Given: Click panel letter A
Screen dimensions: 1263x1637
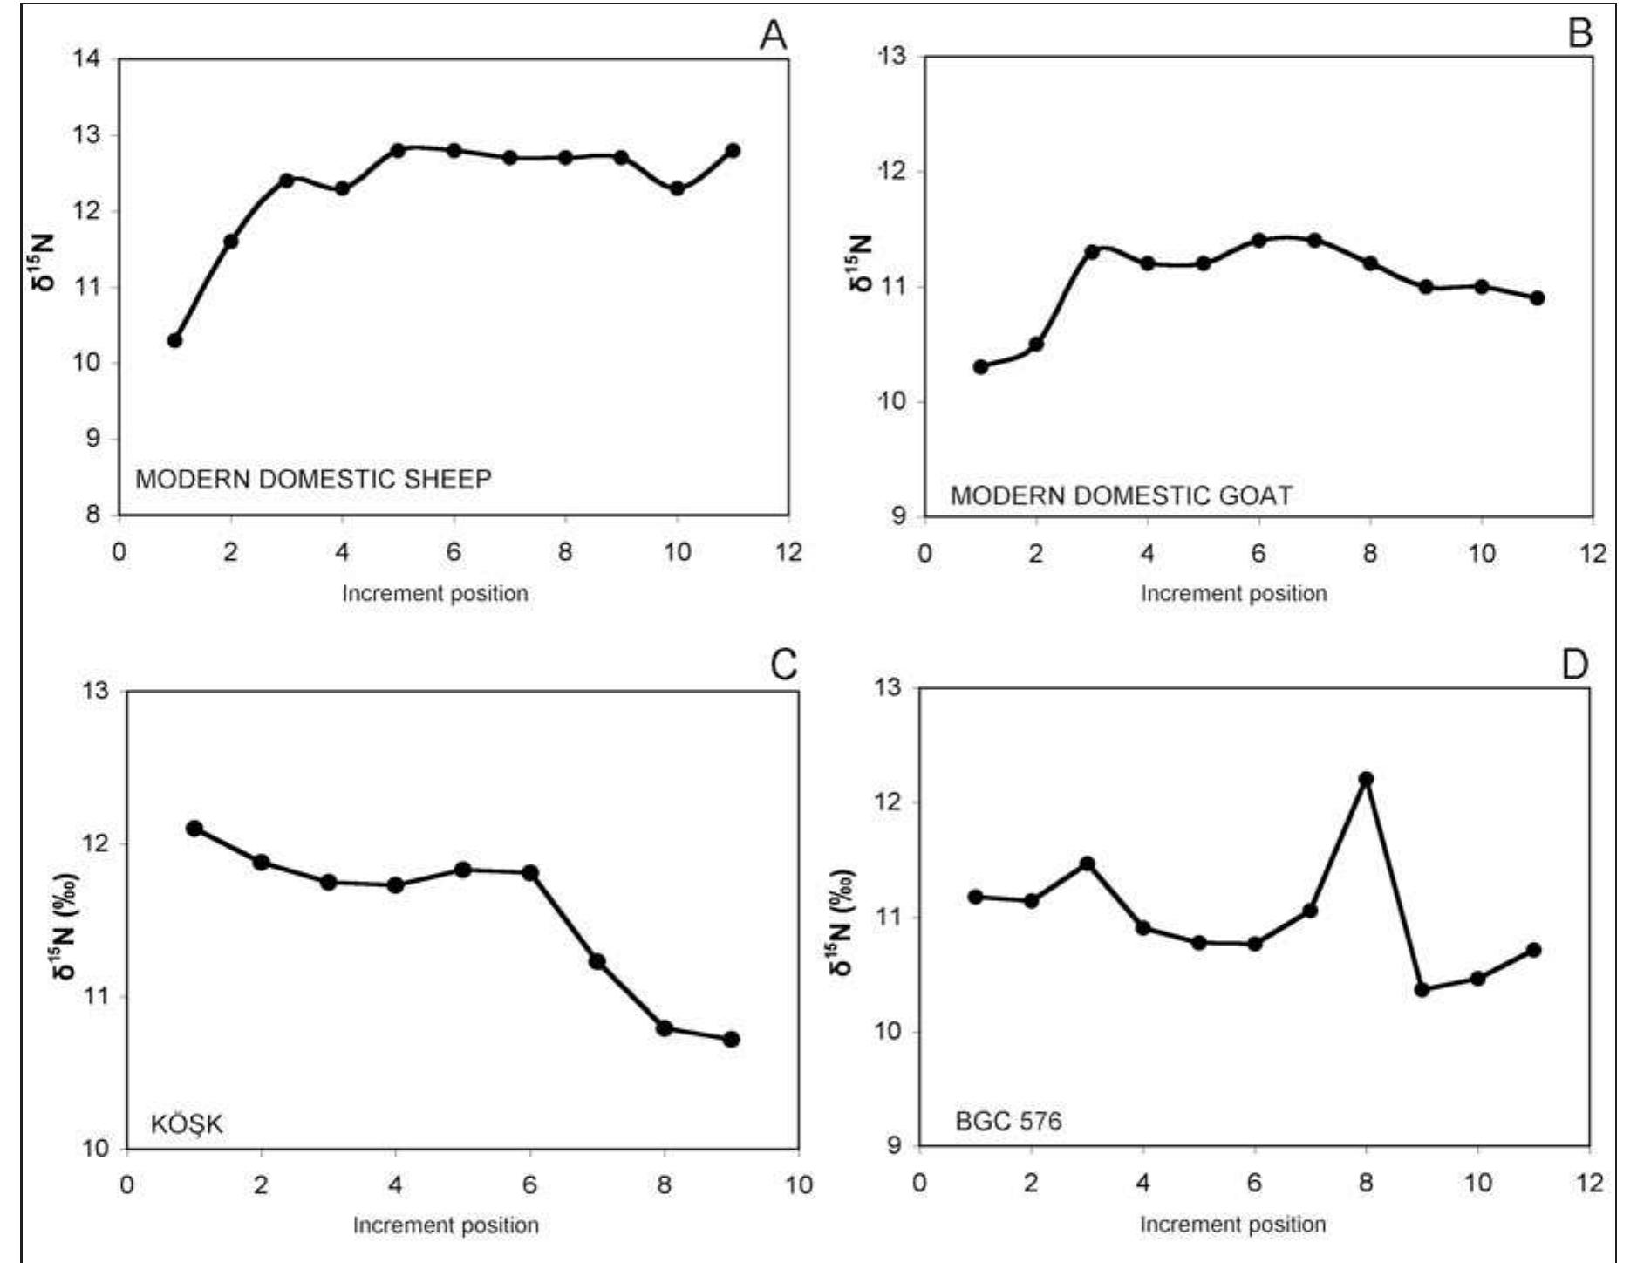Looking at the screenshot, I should pyautogui.click(x=773, y=35).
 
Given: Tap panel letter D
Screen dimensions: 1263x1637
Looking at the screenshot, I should pyautogui.click(x=1574, y=666).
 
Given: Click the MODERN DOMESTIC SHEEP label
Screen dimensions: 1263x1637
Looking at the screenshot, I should pyautogui.click(x=313, y=479).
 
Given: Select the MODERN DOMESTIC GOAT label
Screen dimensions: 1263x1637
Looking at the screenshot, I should pyautogui.click(x=1121, y=495).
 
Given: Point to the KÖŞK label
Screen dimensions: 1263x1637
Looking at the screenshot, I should pyautogui.click(x=187, y=1124).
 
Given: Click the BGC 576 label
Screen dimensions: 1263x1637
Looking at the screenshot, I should pyautogui.click(x=1008, y=1121).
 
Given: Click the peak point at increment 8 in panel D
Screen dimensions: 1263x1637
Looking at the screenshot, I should pyautogui.click(x=1366, y=779).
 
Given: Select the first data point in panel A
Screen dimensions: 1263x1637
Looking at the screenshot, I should pyautogui.click(x=174, y=340).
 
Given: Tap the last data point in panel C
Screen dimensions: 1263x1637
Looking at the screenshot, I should pyautogui.click(x=732, y=1039).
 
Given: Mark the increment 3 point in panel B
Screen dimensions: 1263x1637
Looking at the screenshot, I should pyautogui.click(x=1092, y=252).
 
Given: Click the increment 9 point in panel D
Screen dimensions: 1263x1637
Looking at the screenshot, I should pyautogui.click(x=1422, y=989).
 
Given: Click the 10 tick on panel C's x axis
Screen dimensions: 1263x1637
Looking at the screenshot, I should pyautogui.click(x=798, y=1184).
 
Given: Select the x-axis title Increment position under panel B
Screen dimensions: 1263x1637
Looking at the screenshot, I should pyautogui.click(x=1233, y=593).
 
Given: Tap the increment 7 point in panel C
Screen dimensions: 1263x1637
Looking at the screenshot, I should pyautogui.click(x=597, y=961).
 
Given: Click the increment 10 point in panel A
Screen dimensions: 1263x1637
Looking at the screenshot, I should pyautogui.click(x=677, y=188).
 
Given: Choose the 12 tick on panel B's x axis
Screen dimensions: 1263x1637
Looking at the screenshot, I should pyautogui.click(x=1593, y=553).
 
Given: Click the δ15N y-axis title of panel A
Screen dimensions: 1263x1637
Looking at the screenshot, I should pyautogui.click(x=44, y=262).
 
